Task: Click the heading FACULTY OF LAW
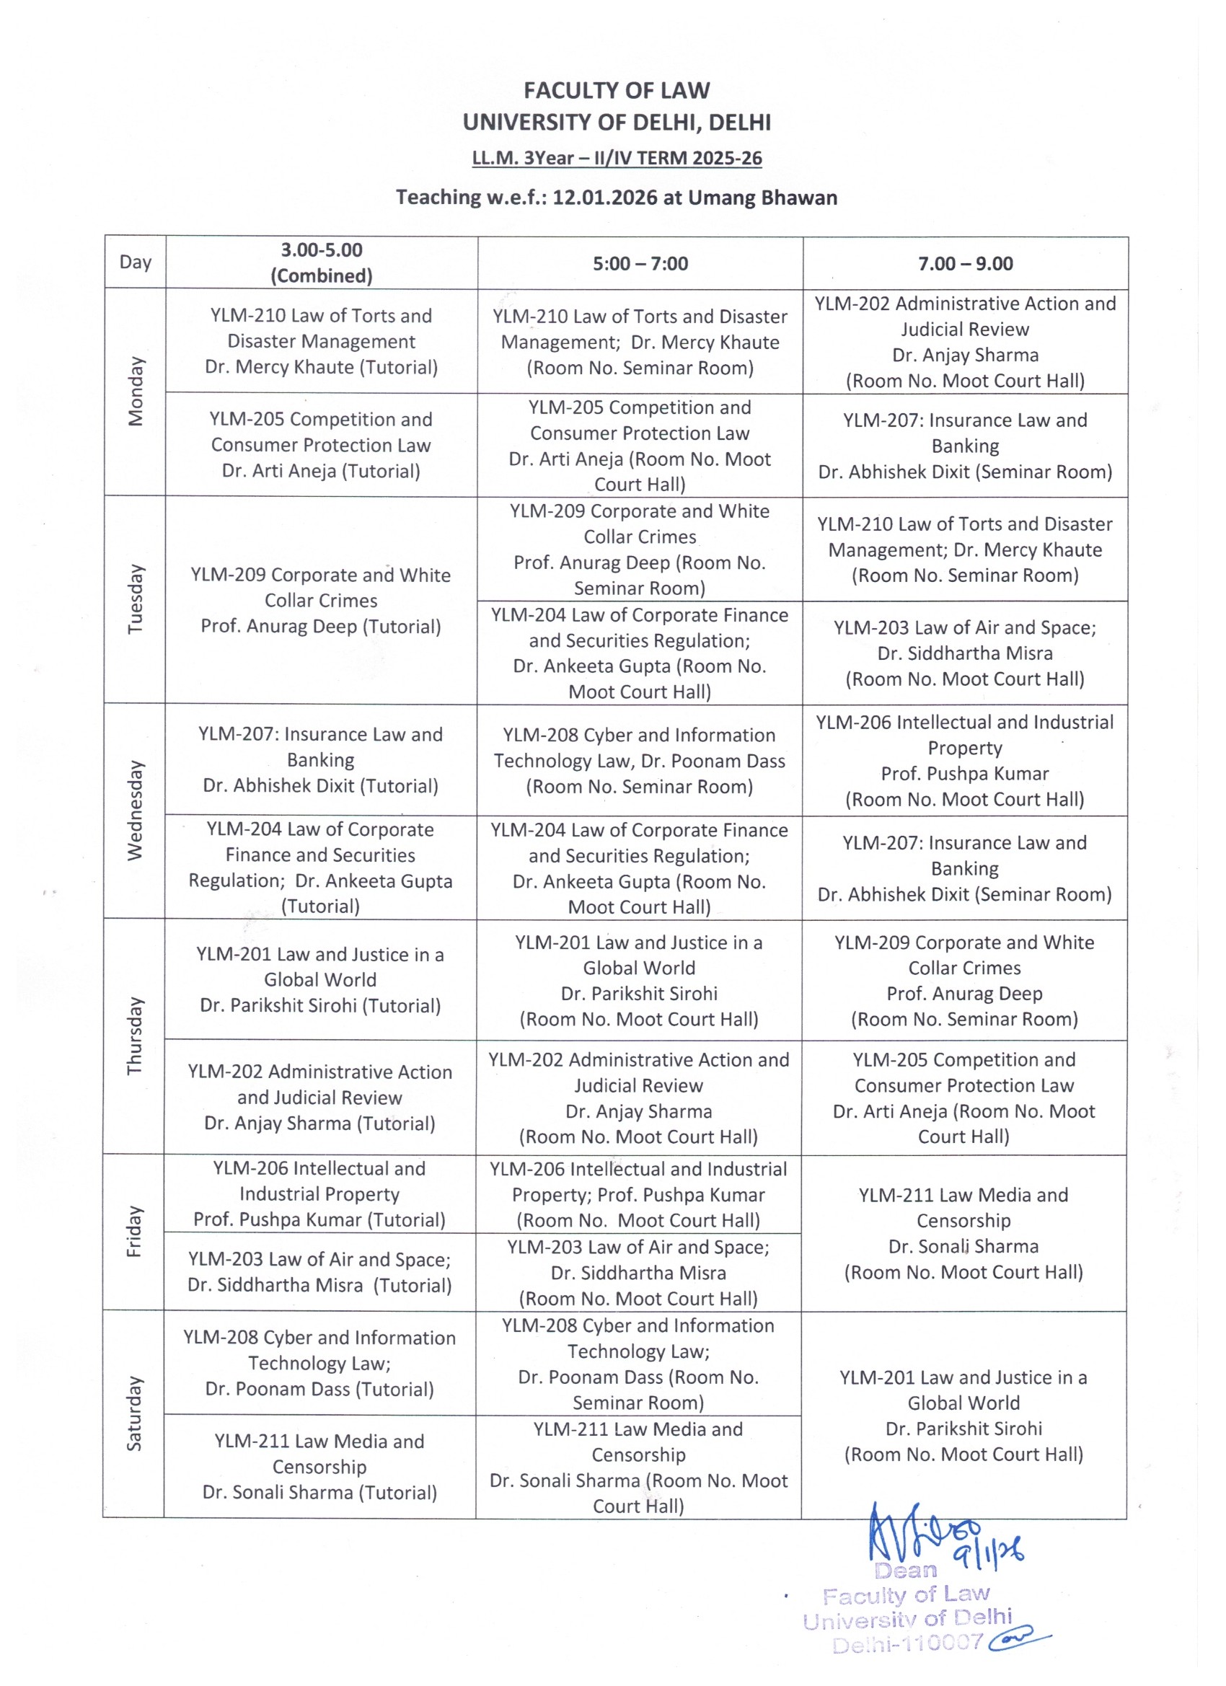pyautogui.click(x=617, y=91)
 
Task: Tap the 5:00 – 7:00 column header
pyautogui.click(x=640, y=263)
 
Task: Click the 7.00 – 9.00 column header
pyautogui.click(x=965, y=263)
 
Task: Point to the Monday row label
pyautogui.click(x=136, y=392)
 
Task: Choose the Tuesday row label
pyautogui.click(x=136, y=599)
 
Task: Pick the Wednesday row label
pyautogui.click(x=136, y=811)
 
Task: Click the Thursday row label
pyautogui.click(x=136, y=1036)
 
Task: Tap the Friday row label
pyautogui.click(x=136, y=1231)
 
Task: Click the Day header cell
pyautogui.click(x=136, y=262)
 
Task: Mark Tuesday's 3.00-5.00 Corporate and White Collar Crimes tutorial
pyautogui.click(x=320, y=600)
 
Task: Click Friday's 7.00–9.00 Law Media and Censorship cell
pyautogui.click(x=963, y=1232)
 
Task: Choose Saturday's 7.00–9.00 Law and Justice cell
pyautogui.click(x=963, y=1415)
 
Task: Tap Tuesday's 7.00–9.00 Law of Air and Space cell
pyautogui.click(x=965, y=653)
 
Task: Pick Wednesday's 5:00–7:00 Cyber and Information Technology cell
pyautogui.click(x=640, y=761)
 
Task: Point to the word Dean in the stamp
pyautogui.click(x=906, y=1570)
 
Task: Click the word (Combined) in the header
pyautogui.click(x=321, y=275)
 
